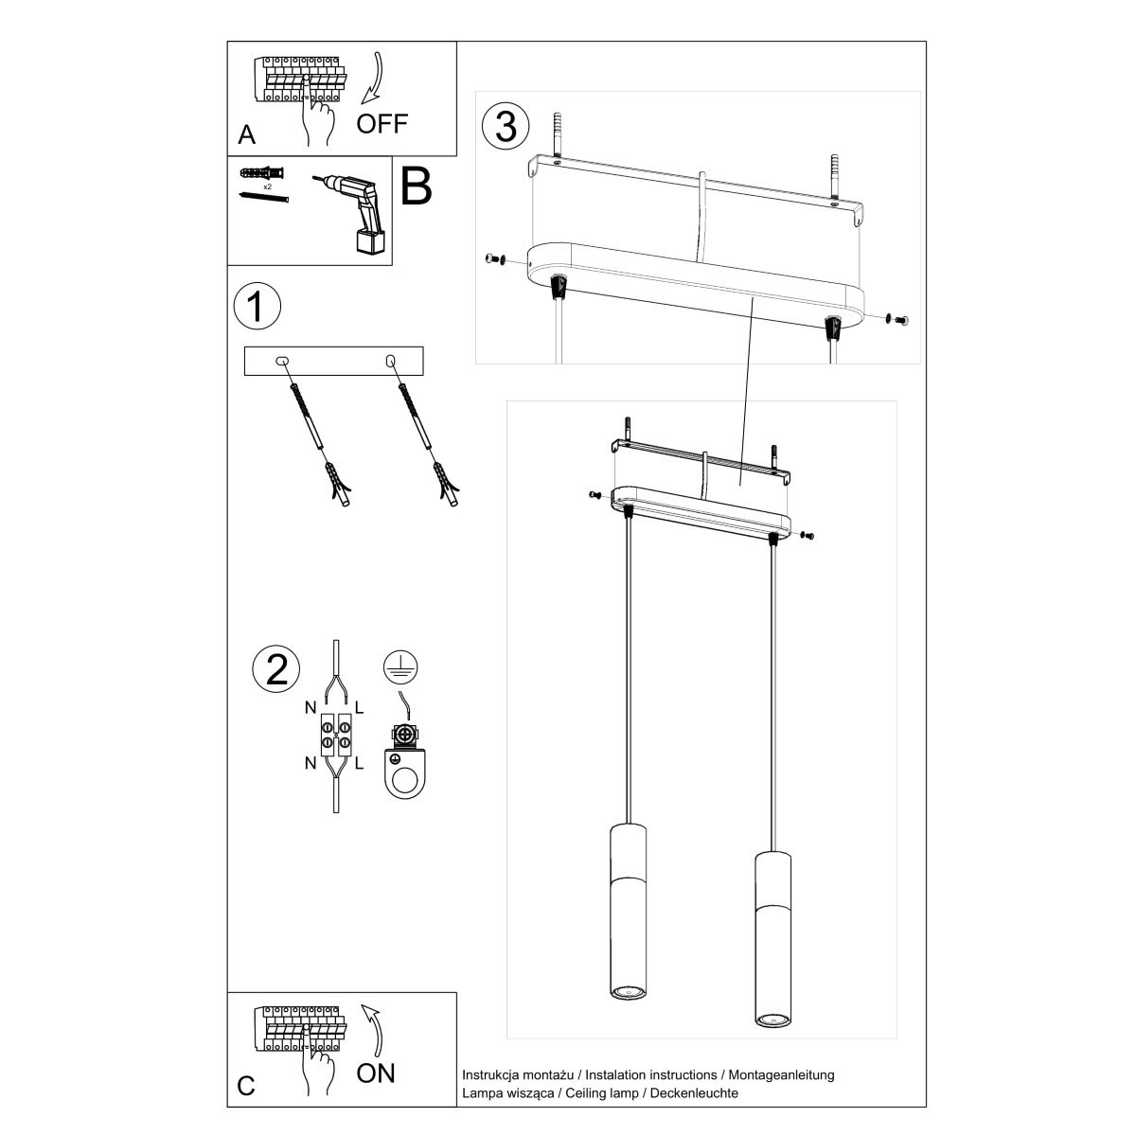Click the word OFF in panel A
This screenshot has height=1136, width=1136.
382,123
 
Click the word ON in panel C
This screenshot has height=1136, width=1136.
376,1073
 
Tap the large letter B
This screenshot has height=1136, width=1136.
417,187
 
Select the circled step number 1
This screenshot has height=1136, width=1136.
257,307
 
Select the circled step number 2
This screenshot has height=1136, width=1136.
276,668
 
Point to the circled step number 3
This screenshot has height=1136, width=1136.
506,126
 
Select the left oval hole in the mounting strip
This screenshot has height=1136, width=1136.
281,362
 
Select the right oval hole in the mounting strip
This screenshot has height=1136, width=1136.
389,362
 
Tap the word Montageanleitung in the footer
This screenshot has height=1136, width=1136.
779,1074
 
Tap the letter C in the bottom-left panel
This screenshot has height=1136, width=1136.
246,1085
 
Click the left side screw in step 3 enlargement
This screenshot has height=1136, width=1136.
493,259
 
